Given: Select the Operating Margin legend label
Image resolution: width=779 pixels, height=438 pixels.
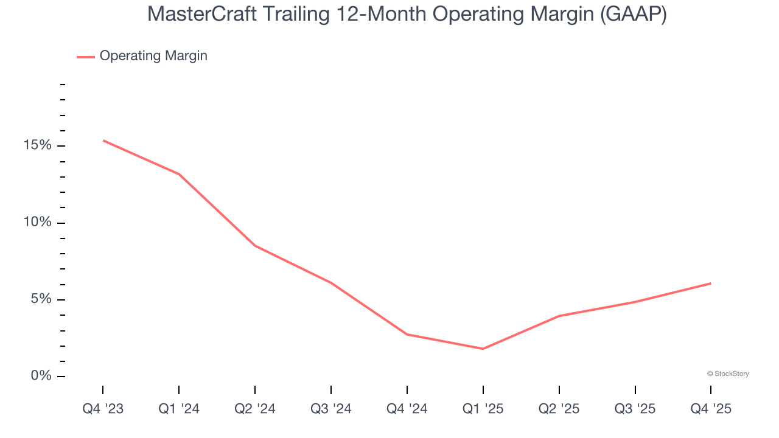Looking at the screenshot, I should [153, 56].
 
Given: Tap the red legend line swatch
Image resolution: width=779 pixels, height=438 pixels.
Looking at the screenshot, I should [85, 57].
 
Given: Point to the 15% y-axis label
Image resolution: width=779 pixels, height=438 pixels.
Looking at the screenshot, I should [38, 145].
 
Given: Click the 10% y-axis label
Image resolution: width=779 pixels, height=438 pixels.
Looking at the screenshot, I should [38, 222].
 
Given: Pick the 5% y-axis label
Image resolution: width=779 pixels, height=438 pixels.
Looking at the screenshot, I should [41, 299].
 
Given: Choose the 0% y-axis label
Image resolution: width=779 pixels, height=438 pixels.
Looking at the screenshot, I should [41, 376].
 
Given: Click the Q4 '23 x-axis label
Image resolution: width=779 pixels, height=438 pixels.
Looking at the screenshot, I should [103, 409].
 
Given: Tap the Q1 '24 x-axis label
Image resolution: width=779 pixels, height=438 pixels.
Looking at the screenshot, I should [179, 409].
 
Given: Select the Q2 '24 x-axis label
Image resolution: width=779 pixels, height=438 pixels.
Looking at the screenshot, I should [255, 409].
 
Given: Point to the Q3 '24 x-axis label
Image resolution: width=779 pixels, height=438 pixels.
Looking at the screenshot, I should [331, 409].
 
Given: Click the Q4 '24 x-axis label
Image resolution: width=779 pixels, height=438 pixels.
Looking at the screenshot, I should [407, 409].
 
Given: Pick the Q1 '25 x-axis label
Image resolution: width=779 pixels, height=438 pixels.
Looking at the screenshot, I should [483, 409].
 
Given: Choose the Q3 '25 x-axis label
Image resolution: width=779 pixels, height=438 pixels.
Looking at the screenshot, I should [635, 409].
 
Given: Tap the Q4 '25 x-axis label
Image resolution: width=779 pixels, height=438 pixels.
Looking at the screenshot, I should [711, 409].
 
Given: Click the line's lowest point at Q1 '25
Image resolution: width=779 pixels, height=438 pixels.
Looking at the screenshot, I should [483, 349].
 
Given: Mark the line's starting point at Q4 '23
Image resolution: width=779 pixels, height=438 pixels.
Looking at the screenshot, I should [103, 141].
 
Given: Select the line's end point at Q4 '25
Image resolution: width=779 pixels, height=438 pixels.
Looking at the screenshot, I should [711, 283].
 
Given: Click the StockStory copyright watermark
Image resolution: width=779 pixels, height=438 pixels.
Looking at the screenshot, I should [728, 374].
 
